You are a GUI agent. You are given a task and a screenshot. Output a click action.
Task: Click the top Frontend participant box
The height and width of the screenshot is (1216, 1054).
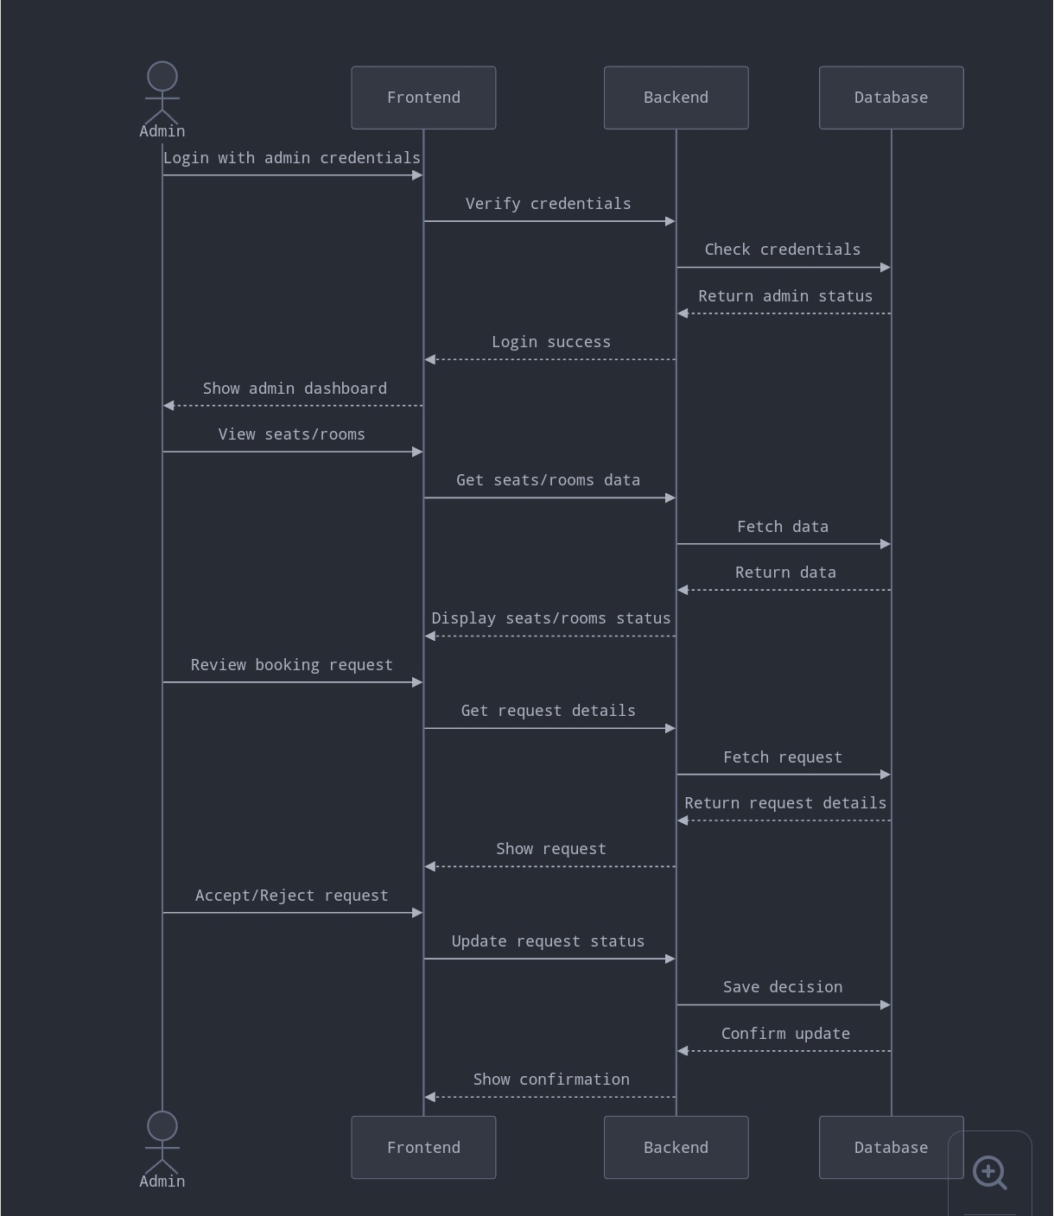coord(423,98)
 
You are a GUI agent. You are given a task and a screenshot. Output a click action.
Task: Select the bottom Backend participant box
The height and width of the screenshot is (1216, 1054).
coord(676,1147)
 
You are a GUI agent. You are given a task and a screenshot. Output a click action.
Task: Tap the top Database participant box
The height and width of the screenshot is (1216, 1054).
coord(891,98)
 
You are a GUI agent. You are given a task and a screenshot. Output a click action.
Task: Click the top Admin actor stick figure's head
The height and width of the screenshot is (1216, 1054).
coord(162,76)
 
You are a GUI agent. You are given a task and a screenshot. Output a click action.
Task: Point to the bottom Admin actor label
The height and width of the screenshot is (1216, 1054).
coord(162,1181)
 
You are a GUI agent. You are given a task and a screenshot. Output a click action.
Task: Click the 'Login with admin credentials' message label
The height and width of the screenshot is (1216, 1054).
coord(292,158)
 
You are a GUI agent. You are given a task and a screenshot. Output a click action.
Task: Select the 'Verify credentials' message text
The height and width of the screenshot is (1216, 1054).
coord(548,204)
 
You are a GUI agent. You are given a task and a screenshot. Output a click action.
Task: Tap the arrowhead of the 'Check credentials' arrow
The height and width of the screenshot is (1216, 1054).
coord(885,268)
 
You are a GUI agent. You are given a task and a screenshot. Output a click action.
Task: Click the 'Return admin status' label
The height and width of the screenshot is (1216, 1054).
coord(784,296)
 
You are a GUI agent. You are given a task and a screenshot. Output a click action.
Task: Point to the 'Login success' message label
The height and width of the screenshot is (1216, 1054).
coord(550,342)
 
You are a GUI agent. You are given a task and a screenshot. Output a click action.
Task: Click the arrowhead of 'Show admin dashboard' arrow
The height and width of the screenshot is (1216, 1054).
coord(169,405)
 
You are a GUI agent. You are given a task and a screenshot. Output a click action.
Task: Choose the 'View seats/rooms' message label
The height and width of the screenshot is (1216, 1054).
coord(291,434)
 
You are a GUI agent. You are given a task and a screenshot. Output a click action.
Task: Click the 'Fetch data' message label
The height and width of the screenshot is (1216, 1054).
coord(782,527)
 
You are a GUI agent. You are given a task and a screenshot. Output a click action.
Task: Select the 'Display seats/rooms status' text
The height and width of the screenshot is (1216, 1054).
coord(550,618)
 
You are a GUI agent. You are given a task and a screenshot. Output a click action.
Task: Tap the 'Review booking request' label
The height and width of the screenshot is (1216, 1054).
coord(291,665)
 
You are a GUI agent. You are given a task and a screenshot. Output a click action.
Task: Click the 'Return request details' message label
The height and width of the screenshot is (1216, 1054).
coord(784,803)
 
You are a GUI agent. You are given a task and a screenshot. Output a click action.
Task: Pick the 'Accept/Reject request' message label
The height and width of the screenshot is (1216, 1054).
coord(291,896)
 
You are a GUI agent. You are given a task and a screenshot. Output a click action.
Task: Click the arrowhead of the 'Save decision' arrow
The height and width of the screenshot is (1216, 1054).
coord(885,1005)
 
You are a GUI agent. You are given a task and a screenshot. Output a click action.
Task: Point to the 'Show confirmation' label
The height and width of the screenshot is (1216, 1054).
coord(550,1080)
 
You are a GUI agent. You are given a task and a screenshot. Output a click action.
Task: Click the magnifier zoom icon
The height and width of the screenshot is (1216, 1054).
coord(989,1173)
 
